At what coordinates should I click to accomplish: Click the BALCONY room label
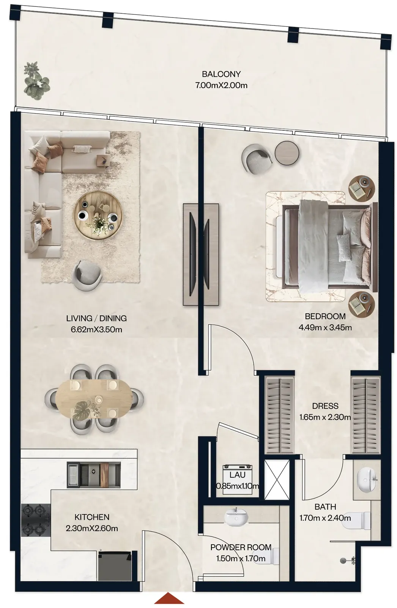[221, 74]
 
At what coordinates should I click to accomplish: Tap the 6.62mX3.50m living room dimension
[96, 329]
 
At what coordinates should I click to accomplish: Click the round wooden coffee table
[98, 215]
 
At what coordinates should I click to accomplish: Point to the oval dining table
[95, 399]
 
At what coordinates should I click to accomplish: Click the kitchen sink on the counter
[93, 474]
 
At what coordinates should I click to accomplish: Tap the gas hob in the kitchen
[36, 520]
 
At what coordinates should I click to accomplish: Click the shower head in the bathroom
[348, 560]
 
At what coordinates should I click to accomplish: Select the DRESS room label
[325, 406]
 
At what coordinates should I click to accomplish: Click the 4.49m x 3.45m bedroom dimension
[325, 327]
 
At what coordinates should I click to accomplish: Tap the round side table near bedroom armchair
[287, 153]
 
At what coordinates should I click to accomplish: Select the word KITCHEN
[92, 517]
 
